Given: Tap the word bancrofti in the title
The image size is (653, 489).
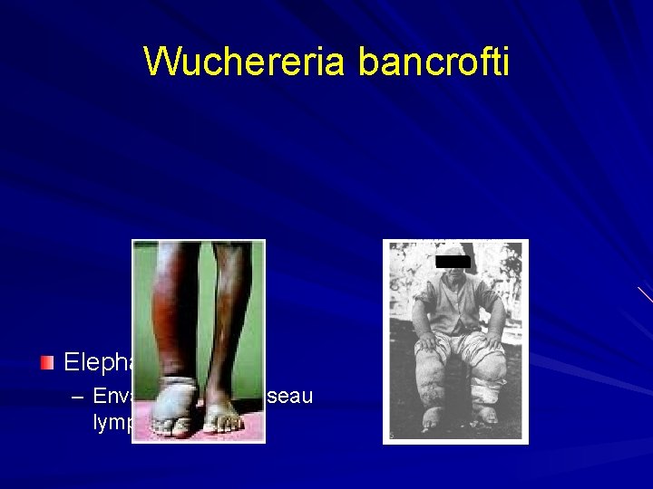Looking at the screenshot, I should pos(434,62).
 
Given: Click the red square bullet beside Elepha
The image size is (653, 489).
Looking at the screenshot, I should pos(48,363).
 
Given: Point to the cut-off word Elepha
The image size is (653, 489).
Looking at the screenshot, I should pos(97,364).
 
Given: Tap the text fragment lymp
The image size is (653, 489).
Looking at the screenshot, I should pos(112,422).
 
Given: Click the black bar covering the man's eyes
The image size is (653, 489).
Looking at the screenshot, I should pos(453,262).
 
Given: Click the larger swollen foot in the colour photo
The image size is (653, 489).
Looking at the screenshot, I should pos(176,407).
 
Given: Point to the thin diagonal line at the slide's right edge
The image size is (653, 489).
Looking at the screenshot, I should pos(645,294).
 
